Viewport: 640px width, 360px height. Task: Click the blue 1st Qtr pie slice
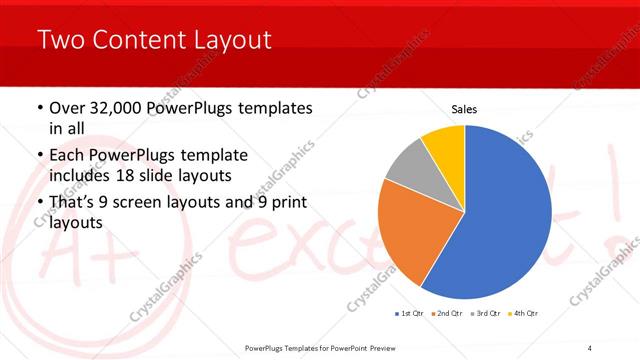[500, 220]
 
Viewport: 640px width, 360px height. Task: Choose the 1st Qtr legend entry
[409, 313]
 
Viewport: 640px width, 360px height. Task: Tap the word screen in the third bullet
[141, 203]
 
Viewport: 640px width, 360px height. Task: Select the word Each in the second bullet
[65, 156]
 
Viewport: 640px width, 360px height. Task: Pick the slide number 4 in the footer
[590, 348]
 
